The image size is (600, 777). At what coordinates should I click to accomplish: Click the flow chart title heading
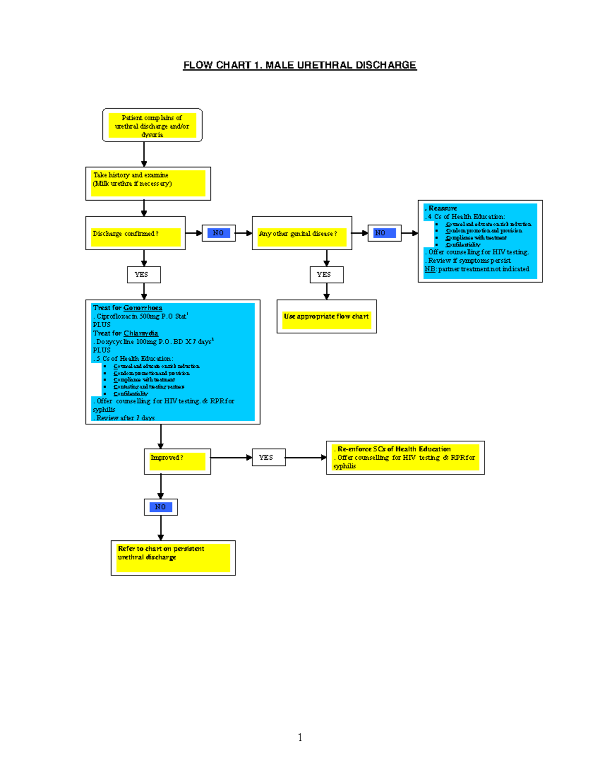pyautogui.click(x=299, y=65)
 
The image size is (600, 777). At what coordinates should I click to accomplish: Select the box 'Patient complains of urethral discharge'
pyautogui.click(x=152, y=126)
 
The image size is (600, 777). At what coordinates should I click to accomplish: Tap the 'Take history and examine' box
pyautogui.click(x=148, y=183)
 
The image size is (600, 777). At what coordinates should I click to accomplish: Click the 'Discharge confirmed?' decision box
pyautogui.click(x=135, y=234)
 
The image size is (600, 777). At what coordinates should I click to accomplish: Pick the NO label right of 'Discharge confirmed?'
pyautogui.click(x=218, y=233)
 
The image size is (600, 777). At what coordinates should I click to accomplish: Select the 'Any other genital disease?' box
pyautogui.click(x=301, y=234)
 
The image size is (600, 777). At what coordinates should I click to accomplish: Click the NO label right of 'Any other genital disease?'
pyautogui.click(x=384, y=233)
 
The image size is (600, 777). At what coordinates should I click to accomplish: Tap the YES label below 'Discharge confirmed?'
pyautogui.click(x=143, y=275)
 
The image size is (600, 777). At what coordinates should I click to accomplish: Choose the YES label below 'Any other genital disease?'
pyautogui.click(x=326, y=275)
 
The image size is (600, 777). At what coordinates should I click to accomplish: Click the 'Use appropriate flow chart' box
pyautogui.click(x=326, y=317)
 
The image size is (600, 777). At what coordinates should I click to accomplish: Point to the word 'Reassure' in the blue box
pyautogui.click(x=442, y=208)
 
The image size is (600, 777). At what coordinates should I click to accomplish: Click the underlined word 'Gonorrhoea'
pyautogui.click(x=142, y=308)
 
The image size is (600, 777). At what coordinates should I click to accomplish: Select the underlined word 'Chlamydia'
pyautogui.click(x=140, y=333)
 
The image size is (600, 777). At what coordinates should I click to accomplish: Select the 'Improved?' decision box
pyautogui.click(x=177, y=461)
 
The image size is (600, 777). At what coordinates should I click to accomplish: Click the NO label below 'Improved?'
pyautogui.click(x=160, y=507)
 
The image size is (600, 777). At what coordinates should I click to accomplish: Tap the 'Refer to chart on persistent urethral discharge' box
pyautogui.click(x=173, y=557)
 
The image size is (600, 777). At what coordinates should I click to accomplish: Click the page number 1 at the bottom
pyautogui.click(x=299, y=737)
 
